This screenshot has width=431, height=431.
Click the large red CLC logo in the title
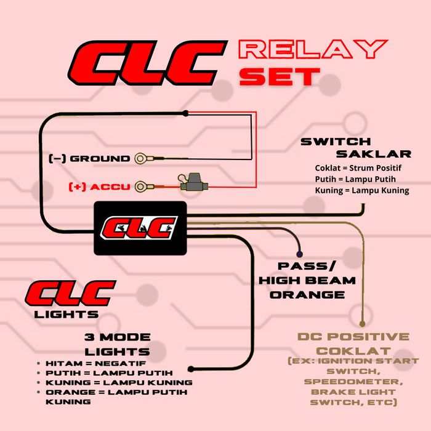point(148,63)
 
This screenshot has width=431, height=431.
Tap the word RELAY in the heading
point(313,49)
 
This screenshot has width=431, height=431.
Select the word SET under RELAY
point(280,77)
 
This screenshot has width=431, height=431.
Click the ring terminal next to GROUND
point(141,159)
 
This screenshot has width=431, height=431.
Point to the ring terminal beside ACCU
point(141,187)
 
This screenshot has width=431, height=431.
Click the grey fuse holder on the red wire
point(194,183)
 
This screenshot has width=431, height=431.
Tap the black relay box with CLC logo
point(140,228)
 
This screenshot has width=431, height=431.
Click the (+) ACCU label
point(99,187)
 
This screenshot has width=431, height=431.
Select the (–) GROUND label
point(89,159)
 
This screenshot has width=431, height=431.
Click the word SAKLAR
point(374,154)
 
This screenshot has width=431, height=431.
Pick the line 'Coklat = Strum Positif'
point(358,168)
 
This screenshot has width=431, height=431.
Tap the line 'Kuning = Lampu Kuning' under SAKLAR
point(362,190)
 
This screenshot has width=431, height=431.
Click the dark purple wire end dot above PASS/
point(300,254)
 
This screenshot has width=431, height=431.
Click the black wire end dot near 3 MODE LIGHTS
point(191,369)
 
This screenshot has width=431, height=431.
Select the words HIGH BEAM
point(307,281)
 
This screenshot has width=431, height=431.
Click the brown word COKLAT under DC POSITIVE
point(353,351)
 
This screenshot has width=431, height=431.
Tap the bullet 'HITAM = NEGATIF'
point(95,363)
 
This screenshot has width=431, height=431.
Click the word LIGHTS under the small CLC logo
point(66,315)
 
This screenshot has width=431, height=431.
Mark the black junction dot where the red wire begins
point(185,113)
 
